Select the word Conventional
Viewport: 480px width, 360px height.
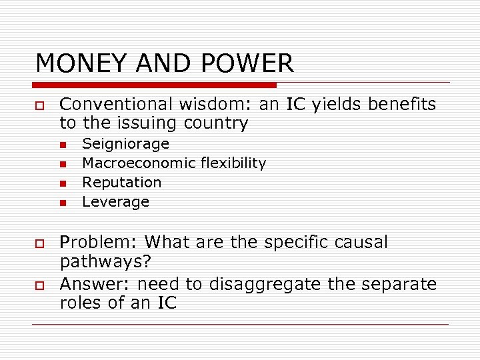click(x=116, y=105)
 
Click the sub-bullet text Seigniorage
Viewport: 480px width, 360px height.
click(x=125, y=144)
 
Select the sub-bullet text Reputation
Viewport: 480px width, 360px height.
click(x=121, y=183)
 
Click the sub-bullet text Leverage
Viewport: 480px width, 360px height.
click(x=115, y=202)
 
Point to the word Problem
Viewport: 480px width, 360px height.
click(x=99, y=242)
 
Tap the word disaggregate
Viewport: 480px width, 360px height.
click(x=275, y=285)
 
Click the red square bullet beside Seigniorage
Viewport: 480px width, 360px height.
click(x=63, y=145)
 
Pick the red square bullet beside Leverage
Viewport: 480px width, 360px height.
click(x=63, y=203)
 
